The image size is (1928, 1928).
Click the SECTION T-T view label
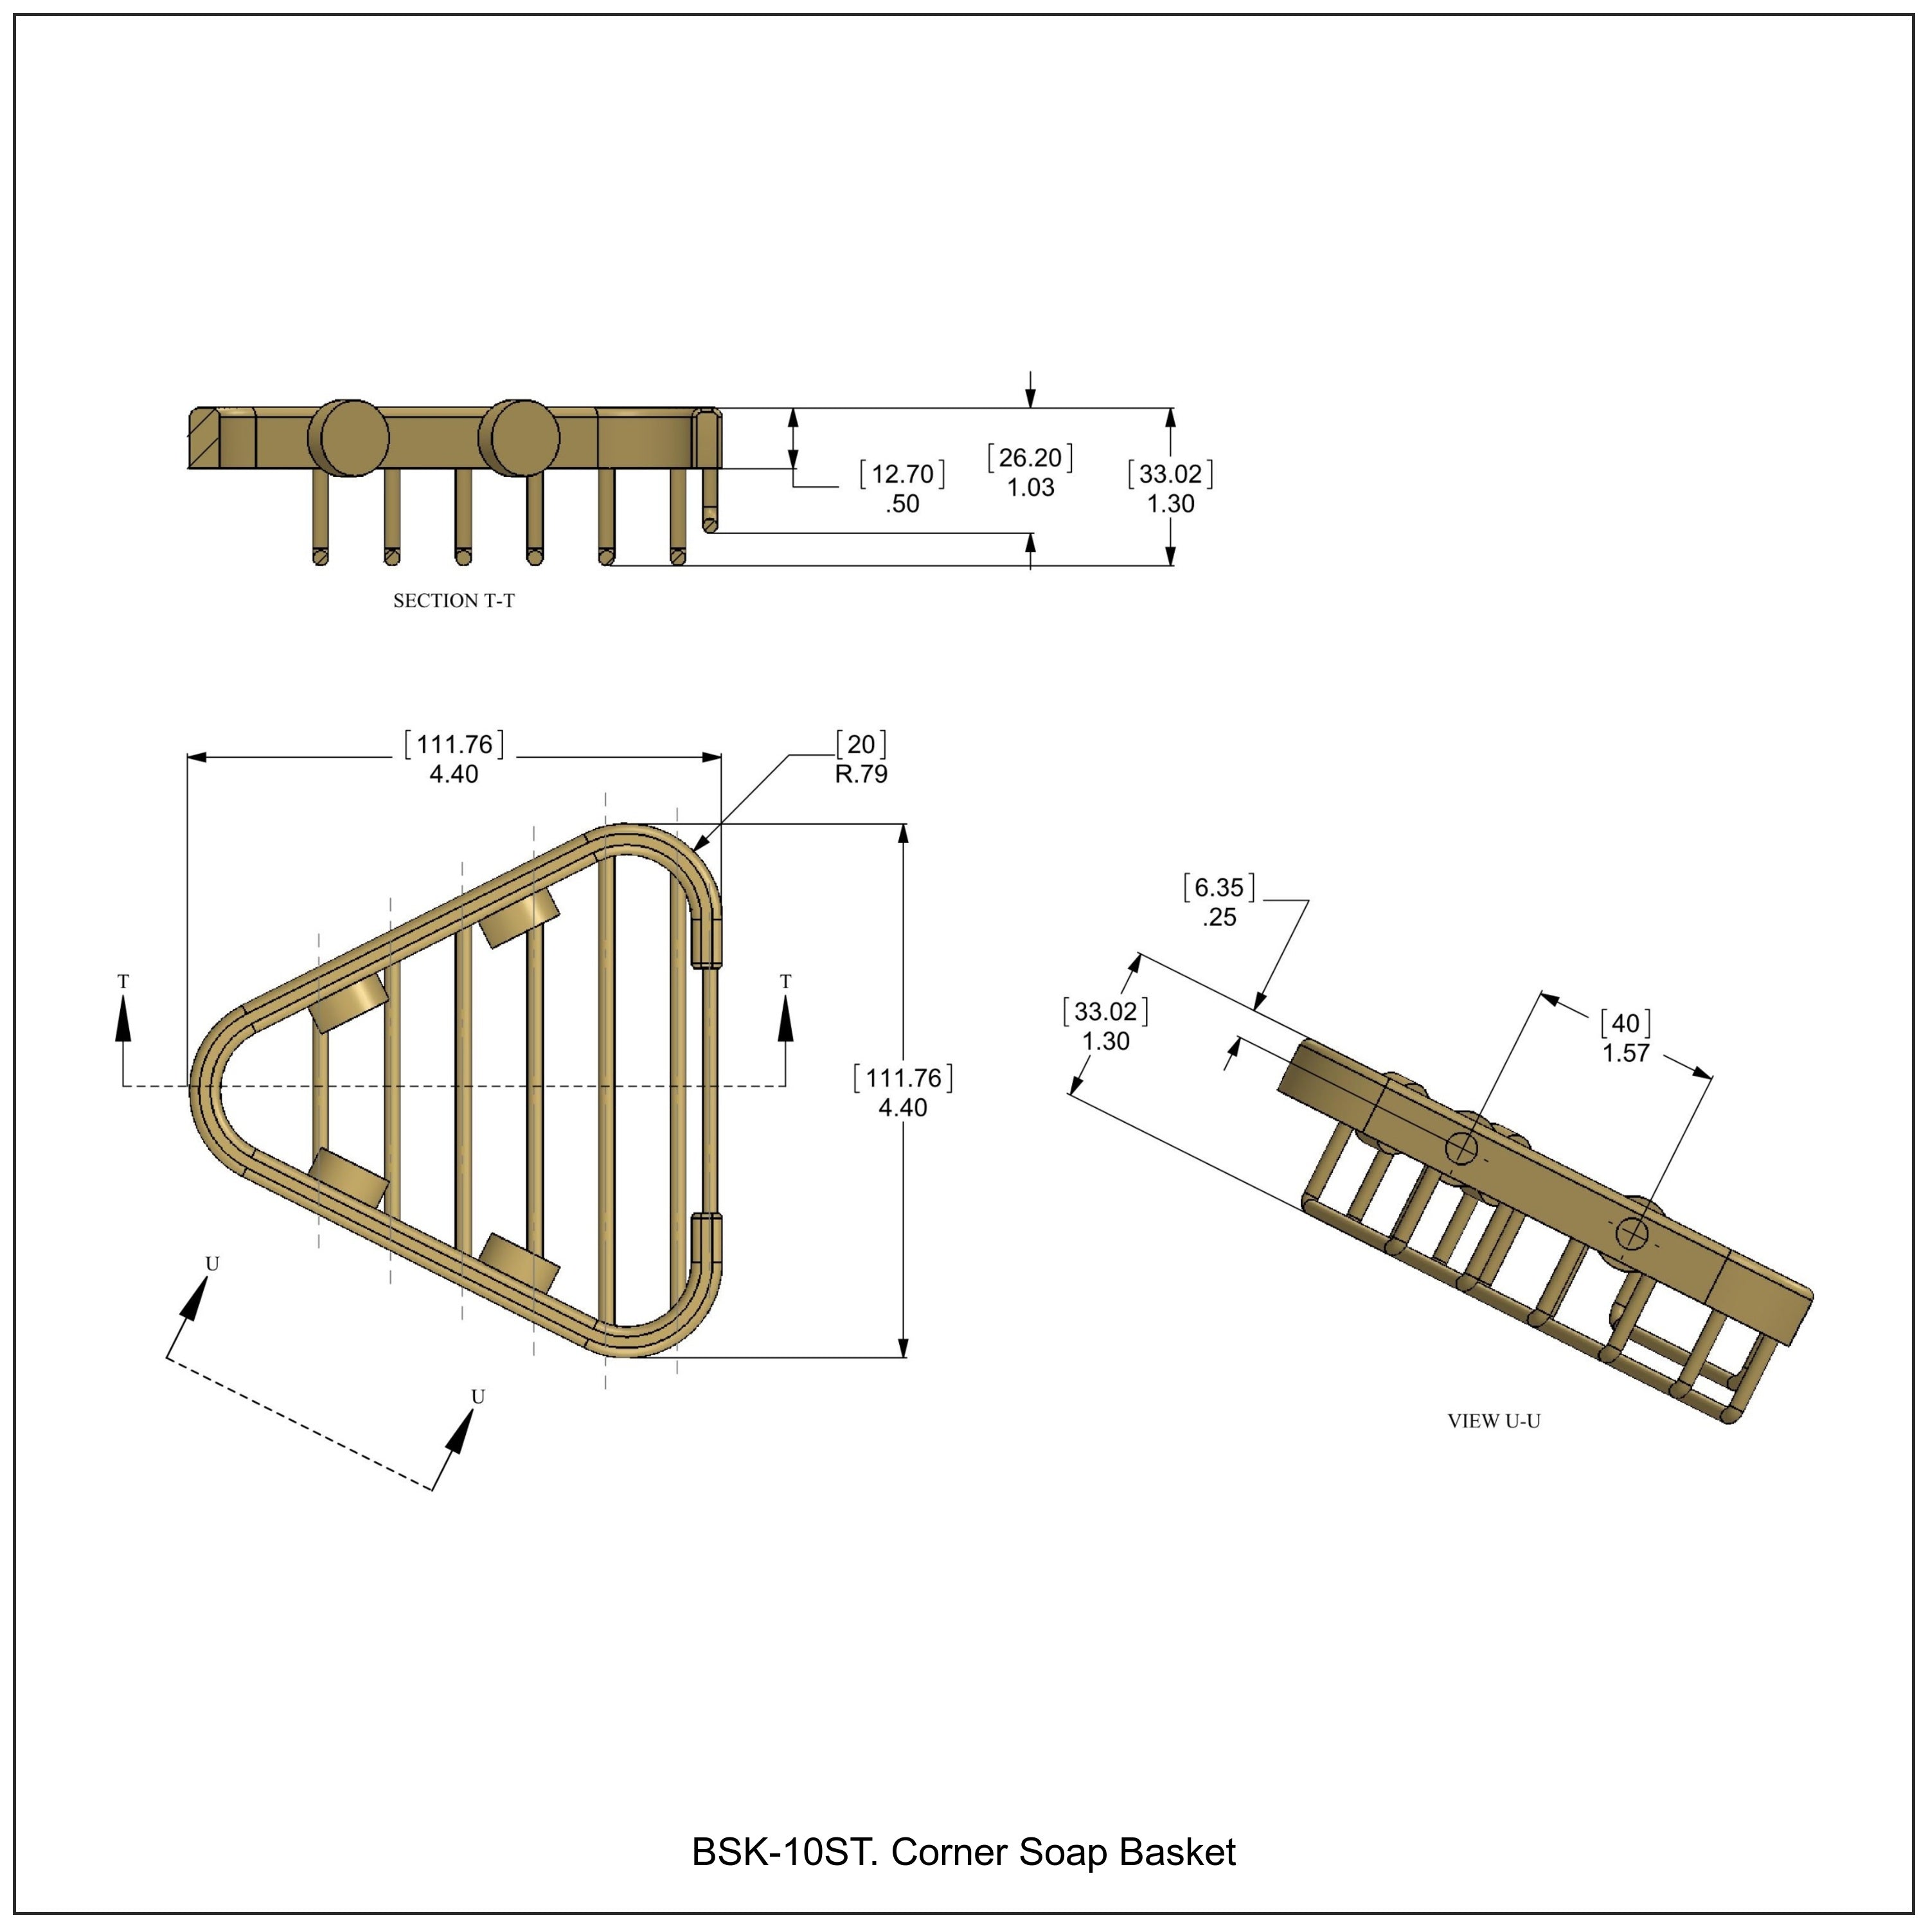coord(454,601)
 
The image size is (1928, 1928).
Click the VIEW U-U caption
coord(1494,1421)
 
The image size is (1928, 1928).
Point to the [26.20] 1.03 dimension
coord(1030,472)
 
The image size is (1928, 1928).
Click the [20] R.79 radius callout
coord(861,758)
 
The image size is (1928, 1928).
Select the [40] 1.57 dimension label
coord(1626,1038)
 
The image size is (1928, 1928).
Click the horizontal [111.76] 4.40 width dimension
coord(454,758)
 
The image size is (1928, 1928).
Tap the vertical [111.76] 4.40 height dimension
coord(903,1093)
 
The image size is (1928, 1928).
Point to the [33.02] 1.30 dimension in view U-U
coord(1105,1026)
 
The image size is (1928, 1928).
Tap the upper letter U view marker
coord(211,1264)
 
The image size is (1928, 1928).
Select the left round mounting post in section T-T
coord(348,439)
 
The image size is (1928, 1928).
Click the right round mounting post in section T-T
coord(519,439)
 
